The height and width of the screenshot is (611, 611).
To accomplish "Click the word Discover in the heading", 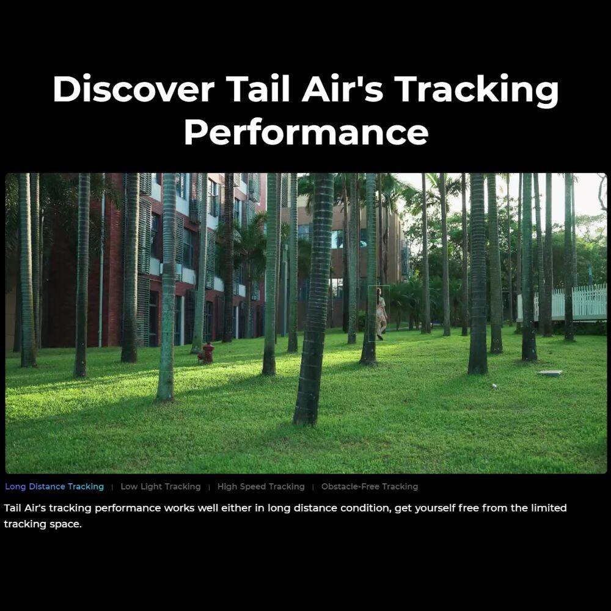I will (x=133, y=90).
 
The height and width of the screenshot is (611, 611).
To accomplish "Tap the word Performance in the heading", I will (x=305, y=132).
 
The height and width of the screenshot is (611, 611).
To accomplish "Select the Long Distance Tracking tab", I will (x=54, y=487).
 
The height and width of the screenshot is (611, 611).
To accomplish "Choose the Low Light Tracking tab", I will (x=160, y=487).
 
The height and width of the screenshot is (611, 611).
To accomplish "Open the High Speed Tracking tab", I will (x=260, y=487).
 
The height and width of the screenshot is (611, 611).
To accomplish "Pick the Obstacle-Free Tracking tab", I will (x=369, y=487).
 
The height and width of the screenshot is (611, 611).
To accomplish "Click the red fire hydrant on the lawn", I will (x=208, y=353).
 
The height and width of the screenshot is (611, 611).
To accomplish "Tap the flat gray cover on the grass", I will (x=549, y=373).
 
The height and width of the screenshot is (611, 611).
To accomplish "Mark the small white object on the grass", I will (x=494, y=386).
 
